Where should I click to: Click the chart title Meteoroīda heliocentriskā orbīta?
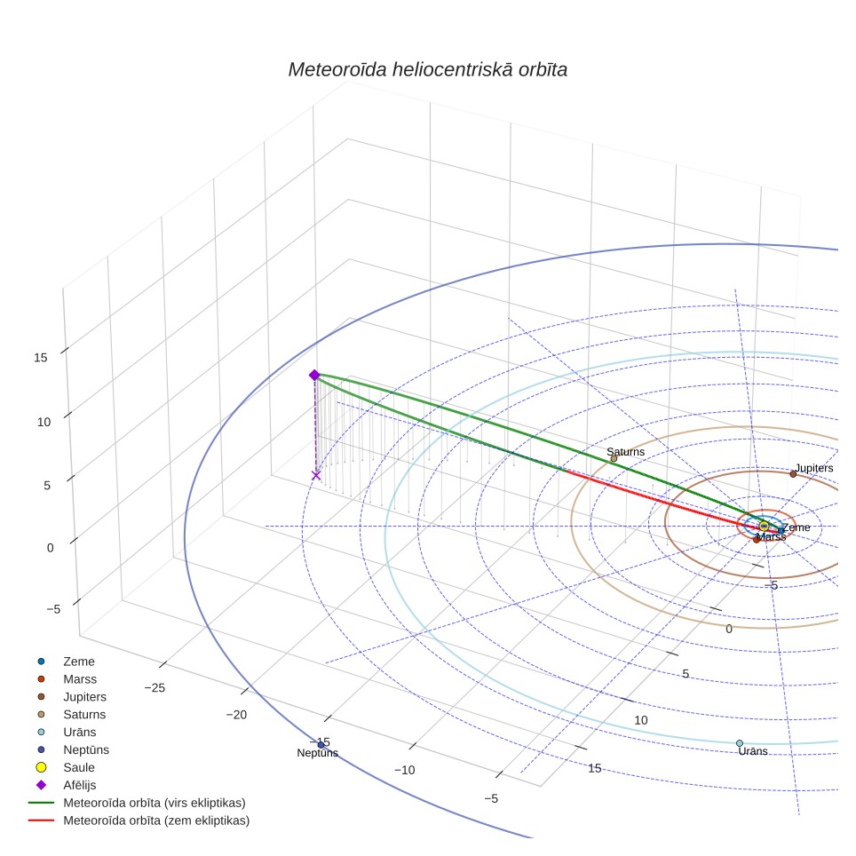click(x=427, y=70)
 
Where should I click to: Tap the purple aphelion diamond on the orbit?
click(x=314, y=375)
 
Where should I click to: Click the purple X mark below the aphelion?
click(x=315, y=475)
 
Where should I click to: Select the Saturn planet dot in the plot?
click(x=614, y=458)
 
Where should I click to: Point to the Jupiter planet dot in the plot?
click(x=793, y=474)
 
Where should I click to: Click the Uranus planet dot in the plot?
click(x=740, y=743)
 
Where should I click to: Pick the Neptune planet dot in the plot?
click(x=321, y=745)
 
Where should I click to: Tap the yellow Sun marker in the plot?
click(x=764, y=526)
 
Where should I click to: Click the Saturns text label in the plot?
click(x=626, y=451)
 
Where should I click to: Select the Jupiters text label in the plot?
click(x=814, y=468)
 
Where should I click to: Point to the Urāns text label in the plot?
click(x=753, y=751)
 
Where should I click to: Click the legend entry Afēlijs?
click(x=80, y=785)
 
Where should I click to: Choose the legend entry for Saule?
click(x=79, y=767)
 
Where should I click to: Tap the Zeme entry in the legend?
click(x=79, y=662)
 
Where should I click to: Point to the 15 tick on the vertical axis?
click(x=40, y=358)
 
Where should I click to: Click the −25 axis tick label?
click(x=155, y=688)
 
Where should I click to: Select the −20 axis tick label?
click(x=236, y=715)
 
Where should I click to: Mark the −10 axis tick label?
click(x=405, y=770)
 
